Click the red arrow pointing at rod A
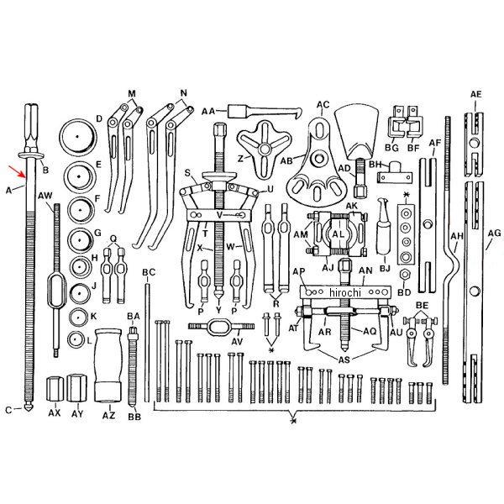pyautogui.click(x=17, y=171)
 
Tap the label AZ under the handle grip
pyautogui.click(x=108, y=415)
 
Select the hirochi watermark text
pyautogui.click(x=345, y=292)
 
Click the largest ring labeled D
pyautogui.click(x=78, y=137)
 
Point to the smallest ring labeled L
pyautogui.click(x=76, y=339)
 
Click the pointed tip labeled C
pyautogui.click(x=29, y=407)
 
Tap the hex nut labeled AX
pyautogui.click(x=55, y=389)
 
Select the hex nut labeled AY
pyautogui.click(x=76, y=388)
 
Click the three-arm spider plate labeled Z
pyautogui.click(x=265, y=150)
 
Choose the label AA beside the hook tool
pyautogui.click(x=208, y=112)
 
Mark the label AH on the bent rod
pyautogui.click(x=457, y=236)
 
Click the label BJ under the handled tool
pyautogui.click(x=385, y=268)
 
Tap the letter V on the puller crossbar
pyautogui.click(x=219, y=215)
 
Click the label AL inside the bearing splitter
pyautogui.click(x=338, y=234)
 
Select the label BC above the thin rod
pyautogui.click(x=149, y=272)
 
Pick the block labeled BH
pyautogui.click(x=395, y=172)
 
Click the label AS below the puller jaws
pyautogui.click(x=344, y=360)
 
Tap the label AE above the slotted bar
pyautogui.click(x=476, y=94)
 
